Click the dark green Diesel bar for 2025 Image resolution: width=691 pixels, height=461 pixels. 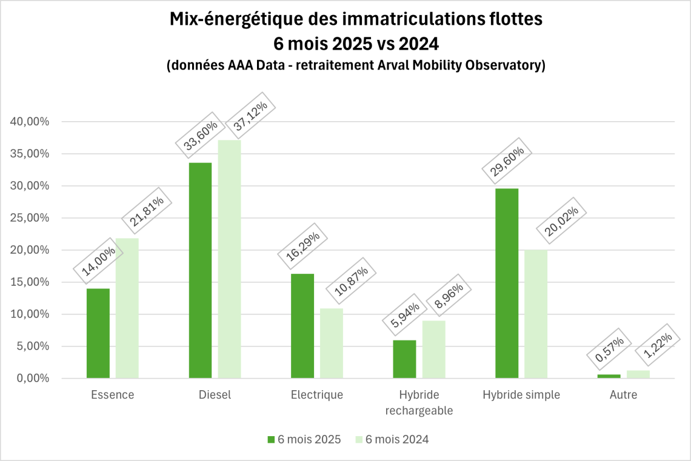pos(200,270)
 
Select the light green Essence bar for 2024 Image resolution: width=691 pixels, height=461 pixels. pos(127,308)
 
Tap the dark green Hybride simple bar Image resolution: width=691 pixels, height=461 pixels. pos(507,283)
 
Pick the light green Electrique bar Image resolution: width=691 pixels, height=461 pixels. pos(332,343)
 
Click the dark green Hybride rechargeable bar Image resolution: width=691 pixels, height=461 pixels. pos(404,359)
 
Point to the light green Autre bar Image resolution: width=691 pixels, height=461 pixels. pos(638,374)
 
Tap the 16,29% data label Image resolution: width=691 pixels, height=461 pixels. pos(302,246)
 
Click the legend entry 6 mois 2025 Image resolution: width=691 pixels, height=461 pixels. pos(304,440)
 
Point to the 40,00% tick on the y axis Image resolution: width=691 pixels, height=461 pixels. pos(30,122)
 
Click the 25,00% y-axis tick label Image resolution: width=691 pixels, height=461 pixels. pos(30,218)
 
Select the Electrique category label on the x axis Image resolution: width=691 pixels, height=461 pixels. pos(317,395)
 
